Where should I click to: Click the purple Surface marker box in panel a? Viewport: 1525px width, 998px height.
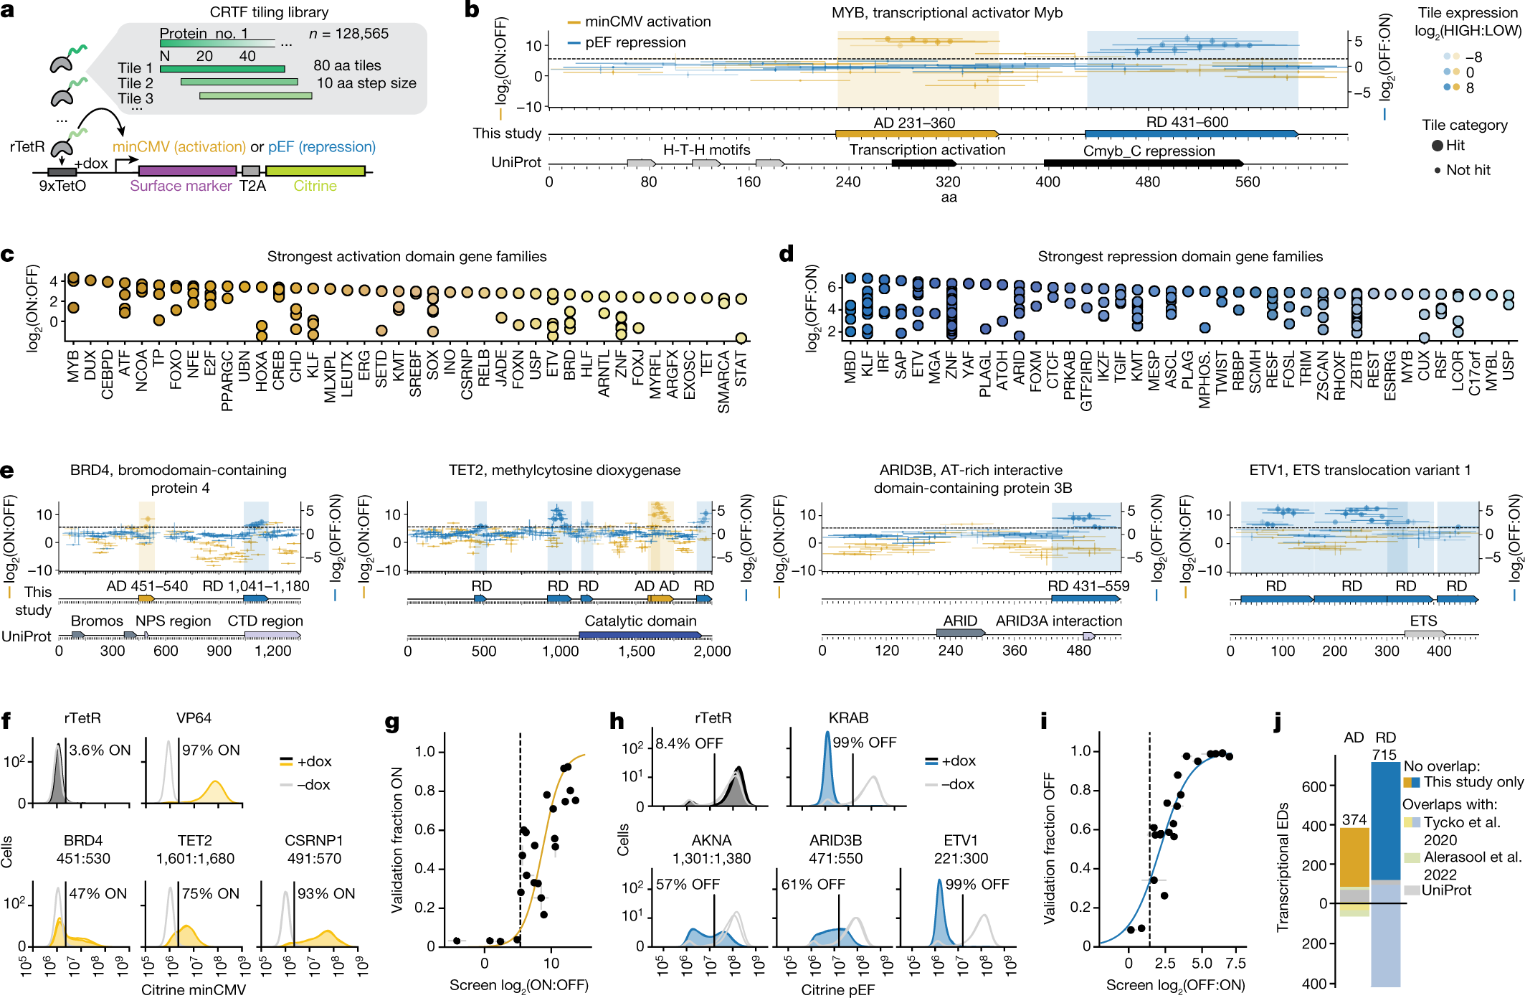click(x=187, y=171)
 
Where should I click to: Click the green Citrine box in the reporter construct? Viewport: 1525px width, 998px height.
click(x=315, y=171)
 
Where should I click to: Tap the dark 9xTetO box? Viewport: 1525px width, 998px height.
click(x=62, y=172)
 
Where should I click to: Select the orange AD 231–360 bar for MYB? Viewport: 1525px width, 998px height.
click(x=917, y=134)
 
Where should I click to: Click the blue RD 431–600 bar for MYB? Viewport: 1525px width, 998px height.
click(x=1192, y=134)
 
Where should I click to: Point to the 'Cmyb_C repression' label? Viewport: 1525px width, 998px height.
click(x=1149, y=151)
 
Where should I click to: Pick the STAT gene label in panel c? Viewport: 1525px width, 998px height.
click(x=741, y=368)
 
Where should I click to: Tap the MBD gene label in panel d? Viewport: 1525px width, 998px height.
click(x=850, y=367)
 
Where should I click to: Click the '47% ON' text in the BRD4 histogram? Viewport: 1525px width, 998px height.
click(x=98, y=894)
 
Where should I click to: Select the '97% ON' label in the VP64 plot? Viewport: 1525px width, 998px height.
click(x=211, y=750)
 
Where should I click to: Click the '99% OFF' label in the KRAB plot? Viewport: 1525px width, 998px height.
click(x=865, y=743)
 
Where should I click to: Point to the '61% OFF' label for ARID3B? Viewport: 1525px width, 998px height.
click(x=813, y=885)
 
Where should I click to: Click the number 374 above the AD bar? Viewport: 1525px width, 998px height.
click(x=1354, y=820)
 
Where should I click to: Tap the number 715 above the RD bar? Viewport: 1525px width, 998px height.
click(x=1384, y=755)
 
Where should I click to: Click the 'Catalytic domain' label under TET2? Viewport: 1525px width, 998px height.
click(x=640, y=621)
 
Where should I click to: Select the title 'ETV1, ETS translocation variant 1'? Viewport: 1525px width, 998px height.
click(x=1359, y=470)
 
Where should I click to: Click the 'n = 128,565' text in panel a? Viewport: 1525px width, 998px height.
click(x=348, y=34)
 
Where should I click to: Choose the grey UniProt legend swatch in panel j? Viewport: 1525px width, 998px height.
click(x=1411, y=890)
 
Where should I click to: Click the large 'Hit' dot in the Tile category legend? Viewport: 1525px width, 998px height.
click(x=1438, y=146)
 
